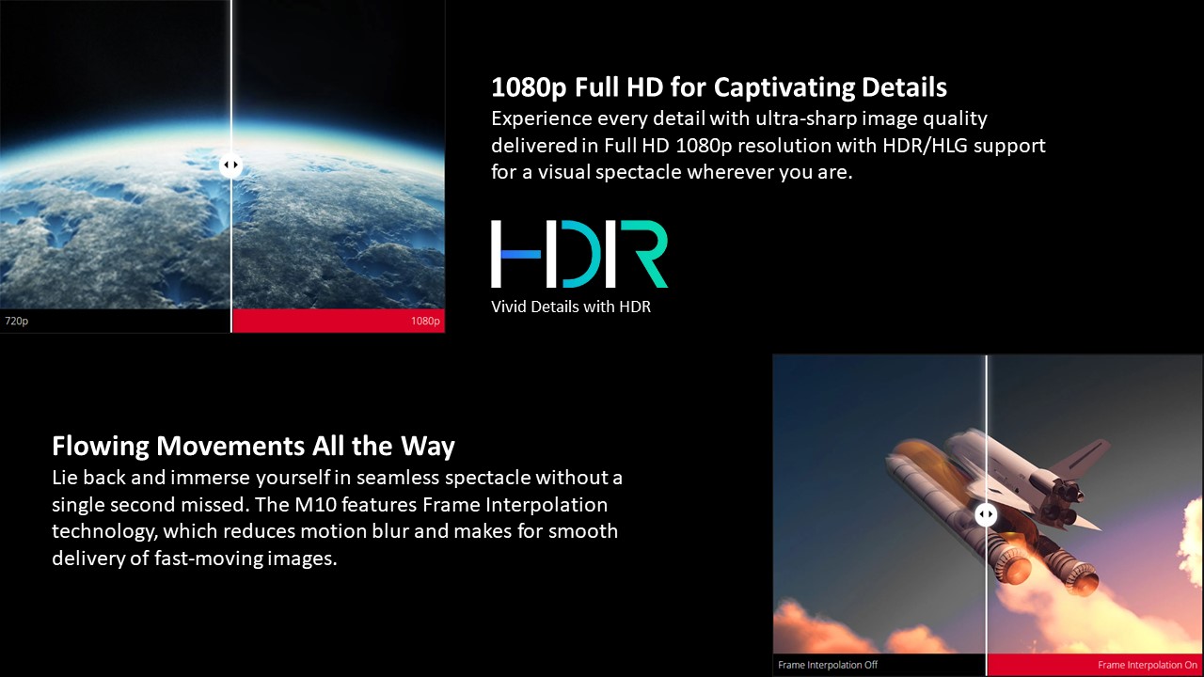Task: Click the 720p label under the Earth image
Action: pos(17,322)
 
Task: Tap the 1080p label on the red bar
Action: pos(425,322)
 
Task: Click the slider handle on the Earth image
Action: pos(230,165)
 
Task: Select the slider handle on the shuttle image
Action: pos(986,514)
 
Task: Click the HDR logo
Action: pos(579,254)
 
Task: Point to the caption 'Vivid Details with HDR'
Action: pos(571,307)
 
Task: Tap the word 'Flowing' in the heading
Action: pos(101,447)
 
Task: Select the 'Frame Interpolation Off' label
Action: pos(828,665)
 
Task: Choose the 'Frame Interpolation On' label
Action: pos(1148,665)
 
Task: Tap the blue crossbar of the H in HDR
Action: pos(520,254)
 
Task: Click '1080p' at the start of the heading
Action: pos(529,87)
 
